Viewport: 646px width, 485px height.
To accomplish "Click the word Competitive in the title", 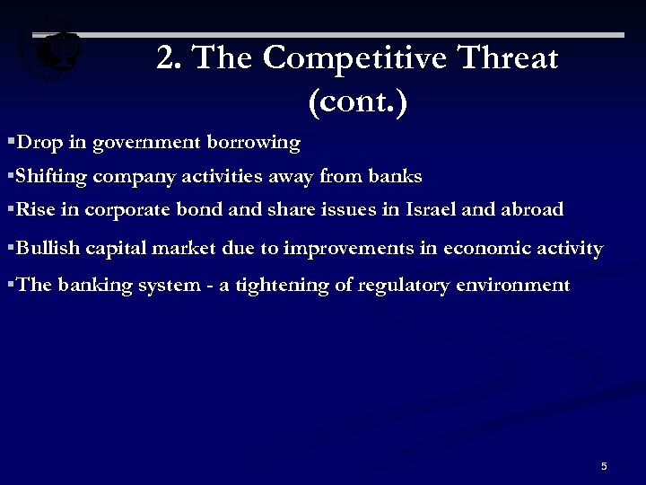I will click(x=359, y=59).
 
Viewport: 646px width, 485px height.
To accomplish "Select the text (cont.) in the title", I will click(x=357, y=101).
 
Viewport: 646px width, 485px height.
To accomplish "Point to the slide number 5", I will click(x=604, y=466).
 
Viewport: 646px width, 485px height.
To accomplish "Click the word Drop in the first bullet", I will click(x=37, y=142).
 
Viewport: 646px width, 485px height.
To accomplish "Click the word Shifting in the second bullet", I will click(x=52, y=176).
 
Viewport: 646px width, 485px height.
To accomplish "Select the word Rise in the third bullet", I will click(x=34, y=210).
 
